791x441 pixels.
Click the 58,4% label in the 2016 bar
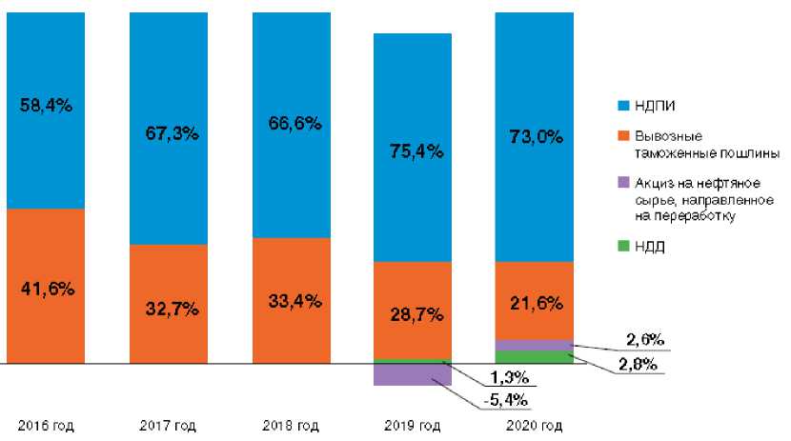[x=45, y=106]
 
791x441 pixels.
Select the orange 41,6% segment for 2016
[x=45, y=286]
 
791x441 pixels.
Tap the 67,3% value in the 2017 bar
[x=168, y=132]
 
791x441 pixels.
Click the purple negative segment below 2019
[x=413, y=374]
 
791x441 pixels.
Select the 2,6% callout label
[x=645, y=339]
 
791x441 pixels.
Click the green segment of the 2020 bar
[x=535, y=357]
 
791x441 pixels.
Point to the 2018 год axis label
[x=291, y=426]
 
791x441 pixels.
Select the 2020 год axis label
[x=535, y=426]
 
